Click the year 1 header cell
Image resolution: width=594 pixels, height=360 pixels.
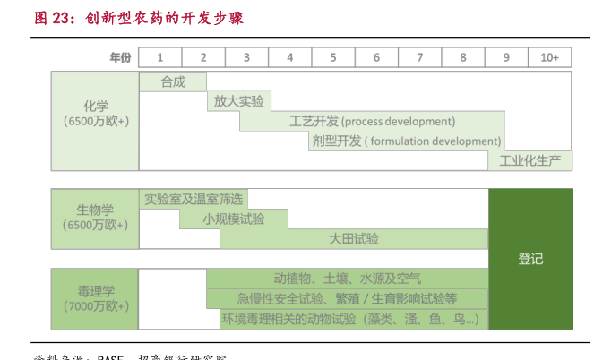tap(160, 57)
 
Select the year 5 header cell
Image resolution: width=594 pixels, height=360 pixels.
tap(333, 57)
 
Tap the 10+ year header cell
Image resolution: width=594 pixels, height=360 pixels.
tap(550, 57)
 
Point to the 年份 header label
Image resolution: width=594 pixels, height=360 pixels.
tap(120, 57)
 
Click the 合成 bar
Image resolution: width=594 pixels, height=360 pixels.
tap(173, 81)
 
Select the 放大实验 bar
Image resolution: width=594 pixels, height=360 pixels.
tap(239, 101)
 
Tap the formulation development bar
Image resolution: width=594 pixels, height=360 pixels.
tap(406, 141)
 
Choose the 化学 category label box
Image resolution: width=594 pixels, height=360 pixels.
tap(95, 121)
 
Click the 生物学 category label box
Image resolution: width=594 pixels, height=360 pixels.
tap(95, 218)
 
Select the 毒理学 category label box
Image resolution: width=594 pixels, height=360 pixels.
tap(95, 298)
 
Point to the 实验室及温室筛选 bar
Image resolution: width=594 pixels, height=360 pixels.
tap(194, 199)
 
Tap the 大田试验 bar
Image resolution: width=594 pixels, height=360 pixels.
tap(354, 238)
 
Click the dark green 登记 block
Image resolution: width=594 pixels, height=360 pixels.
tap(530, 259)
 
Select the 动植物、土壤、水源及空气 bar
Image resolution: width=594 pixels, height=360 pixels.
tap(348, 279)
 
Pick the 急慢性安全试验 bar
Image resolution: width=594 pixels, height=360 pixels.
tap(348, 298)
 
